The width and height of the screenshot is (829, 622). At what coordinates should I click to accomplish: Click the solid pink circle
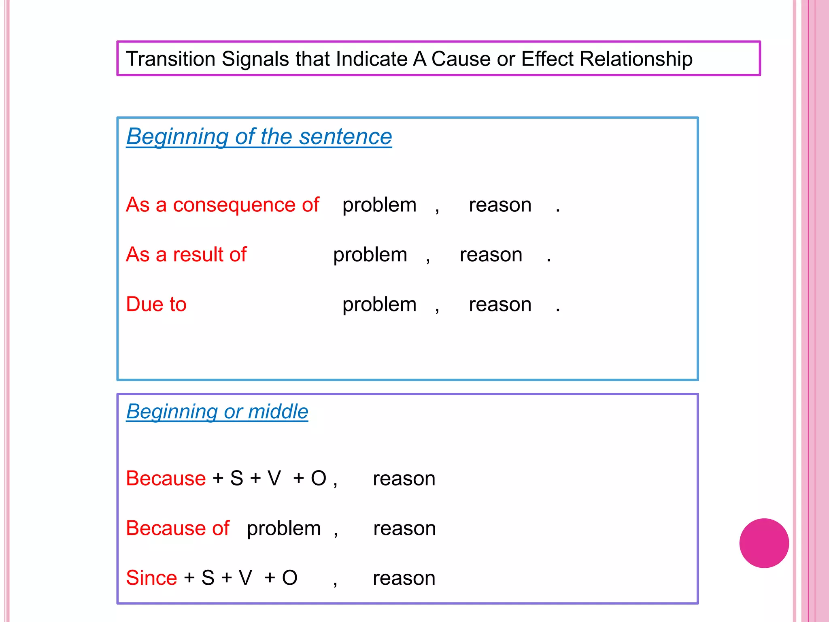tap(764, 543)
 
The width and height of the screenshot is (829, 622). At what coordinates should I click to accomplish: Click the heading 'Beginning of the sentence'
tap(259, 136)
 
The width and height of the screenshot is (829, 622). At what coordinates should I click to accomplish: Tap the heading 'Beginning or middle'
tap(217, 411)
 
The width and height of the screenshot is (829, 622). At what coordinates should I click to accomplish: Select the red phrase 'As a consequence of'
tap(222, 205)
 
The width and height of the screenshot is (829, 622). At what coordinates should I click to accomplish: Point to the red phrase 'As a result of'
tap(186, 255)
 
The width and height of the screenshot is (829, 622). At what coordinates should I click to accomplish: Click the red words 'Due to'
tap(156, 305)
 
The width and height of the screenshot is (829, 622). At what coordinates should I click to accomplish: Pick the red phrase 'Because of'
tap(178, 528)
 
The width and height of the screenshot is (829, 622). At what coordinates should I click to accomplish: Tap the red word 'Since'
tap(151, 578)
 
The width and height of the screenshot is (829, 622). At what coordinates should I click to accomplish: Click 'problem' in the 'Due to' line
tap(379, 305)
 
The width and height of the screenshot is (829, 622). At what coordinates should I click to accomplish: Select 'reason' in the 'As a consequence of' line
tap(500, 205)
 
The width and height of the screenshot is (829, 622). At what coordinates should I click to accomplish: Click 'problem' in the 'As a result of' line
tap(370, 255)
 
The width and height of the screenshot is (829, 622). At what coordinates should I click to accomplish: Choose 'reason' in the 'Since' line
tap(404, 578)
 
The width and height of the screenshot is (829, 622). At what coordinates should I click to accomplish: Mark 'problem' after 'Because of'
tap(284, 528)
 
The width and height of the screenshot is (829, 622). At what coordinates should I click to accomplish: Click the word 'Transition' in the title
tap(170, 59)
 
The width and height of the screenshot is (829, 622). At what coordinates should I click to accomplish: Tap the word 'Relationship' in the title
tap(636, 59)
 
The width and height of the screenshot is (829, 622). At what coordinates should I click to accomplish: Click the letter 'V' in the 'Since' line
tap(245, 578)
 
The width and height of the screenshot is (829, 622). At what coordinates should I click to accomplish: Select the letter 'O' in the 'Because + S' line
tap(319, 478)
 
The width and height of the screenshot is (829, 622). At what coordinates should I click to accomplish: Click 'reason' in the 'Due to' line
tap(500, 305)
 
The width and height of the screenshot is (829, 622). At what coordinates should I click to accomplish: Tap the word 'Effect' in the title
tap(547, 59)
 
